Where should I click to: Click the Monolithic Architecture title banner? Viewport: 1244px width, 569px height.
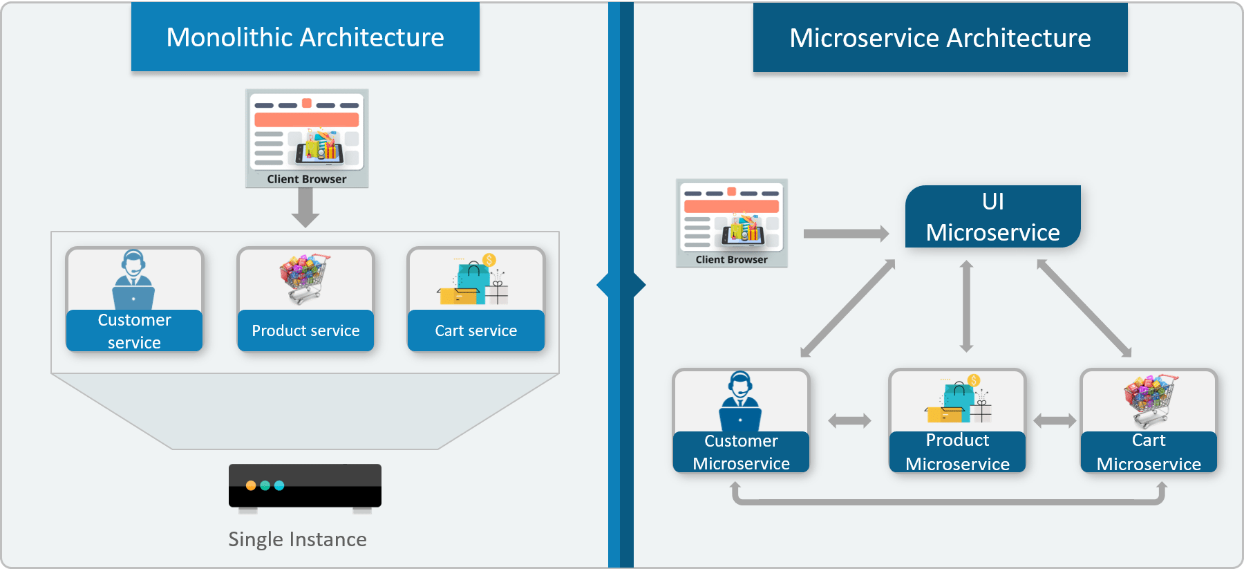(305, 37)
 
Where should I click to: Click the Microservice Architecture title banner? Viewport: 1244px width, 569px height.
(940, 38)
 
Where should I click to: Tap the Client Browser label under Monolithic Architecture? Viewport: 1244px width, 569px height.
(307, 179)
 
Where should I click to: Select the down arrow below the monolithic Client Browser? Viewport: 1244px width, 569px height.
(305, 207)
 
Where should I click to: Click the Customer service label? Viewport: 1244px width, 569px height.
(134, 330)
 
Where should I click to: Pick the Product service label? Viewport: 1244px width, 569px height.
(305, 330)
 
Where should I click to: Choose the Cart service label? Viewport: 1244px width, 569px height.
(475, 330)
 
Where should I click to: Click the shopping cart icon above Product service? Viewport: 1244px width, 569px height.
(305, 279)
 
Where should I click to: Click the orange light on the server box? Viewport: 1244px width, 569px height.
(251, 485)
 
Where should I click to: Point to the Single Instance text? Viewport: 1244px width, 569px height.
(297, 539)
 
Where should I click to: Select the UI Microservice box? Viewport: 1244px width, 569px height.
(992, 216)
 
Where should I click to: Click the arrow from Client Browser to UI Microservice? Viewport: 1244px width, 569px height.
(846, 234)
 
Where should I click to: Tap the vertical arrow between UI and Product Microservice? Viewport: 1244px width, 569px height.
(966, 306)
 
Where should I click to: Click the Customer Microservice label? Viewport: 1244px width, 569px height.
(741, 452)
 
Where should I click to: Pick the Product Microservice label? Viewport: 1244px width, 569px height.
(957, 452)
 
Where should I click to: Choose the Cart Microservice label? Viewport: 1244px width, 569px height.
(1148, 452)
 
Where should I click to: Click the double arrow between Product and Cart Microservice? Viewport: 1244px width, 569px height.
(1054, 420)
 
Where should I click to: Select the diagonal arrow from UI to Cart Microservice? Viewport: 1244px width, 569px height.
(1084, 308)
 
